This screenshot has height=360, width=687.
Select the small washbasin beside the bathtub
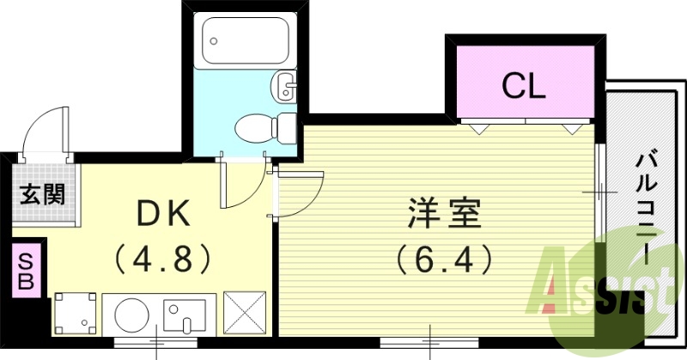click(x=285, y=85)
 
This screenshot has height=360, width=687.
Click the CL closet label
click(x=523, y=86)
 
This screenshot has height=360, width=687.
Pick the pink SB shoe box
click(x=26, y=269)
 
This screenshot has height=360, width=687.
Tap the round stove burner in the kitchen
click(x=129, y=314)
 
